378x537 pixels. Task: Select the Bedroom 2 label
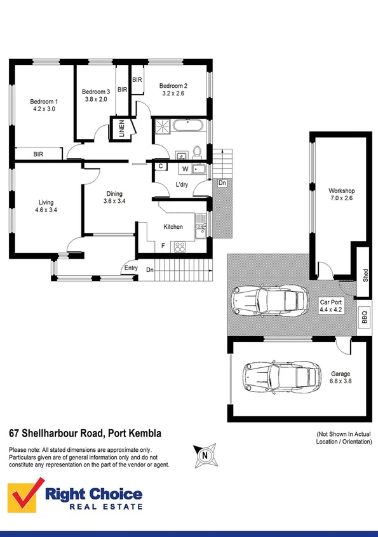(173, 86)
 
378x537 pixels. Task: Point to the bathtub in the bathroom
(187, 125)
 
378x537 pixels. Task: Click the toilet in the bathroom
(197, 152)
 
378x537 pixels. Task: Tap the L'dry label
(184, 186)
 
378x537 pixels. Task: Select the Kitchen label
(173, 227)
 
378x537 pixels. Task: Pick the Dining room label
(114, 194)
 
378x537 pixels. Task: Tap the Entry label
(131, 268)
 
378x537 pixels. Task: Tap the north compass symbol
(204, 454)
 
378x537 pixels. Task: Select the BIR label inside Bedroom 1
(38, 154)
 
